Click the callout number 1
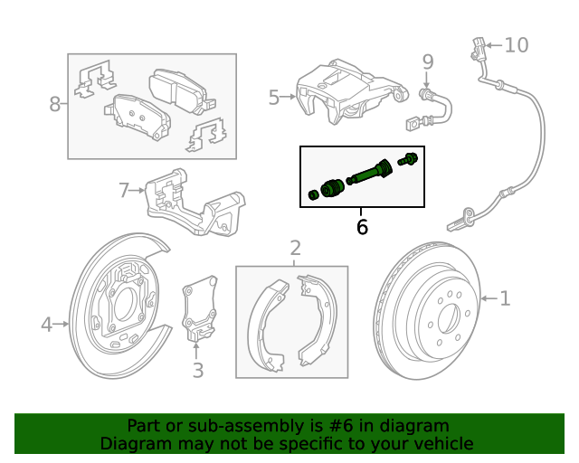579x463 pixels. tap(505, 298)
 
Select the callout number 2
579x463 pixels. tap(295, 248)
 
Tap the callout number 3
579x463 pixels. tap(197, 370)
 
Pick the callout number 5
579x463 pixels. tap(274, 97)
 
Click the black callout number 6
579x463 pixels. tap(362, 227)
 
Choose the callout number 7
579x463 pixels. tap(125, 190)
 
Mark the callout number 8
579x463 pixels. tap(54, 104)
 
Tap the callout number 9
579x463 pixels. tap(428, 62)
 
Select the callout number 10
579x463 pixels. tap(515, 44)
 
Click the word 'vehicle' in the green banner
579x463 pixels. tap(441, 444)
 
